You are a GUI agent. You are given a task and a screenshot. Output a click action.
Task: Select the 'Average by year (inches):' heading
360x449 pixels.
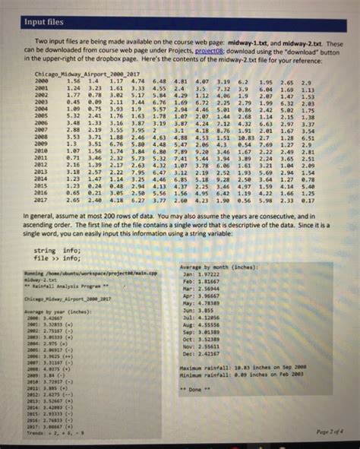[x=52, y=312]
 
